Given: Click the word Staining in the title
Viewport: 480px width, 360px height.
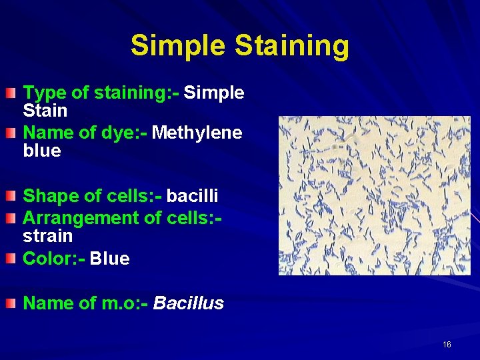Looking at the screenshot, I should click(x=292, y=47).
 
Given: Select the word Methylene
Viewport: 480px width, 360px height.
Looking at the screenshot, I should click(x=197, y=133).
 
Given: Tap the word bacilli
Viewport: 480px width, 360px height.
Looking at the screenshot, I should click(x=192, y=196).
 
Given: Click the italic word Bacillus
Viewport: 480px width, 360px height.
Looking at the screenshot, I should click(x=189, y=304).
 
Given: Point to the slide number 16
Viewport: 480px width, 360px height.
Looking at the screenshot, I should click(x=447, y=345).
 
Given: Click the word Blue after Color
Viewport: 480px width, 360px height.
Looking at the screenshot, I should click(x=109, y=259).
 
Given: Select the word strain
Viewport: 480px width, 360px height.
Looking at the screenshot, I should click(x=48, y=237).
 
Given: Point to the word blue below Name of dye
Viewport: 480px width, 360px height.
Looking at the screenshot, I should click(x=42, y=151).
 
